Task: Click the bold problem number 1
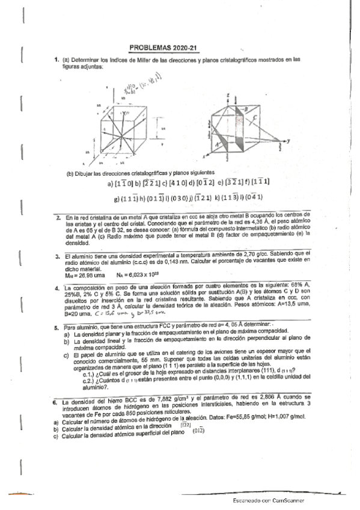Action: [x=55, y=60]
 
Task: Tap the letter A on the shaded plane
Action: [x=216, y=145]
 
